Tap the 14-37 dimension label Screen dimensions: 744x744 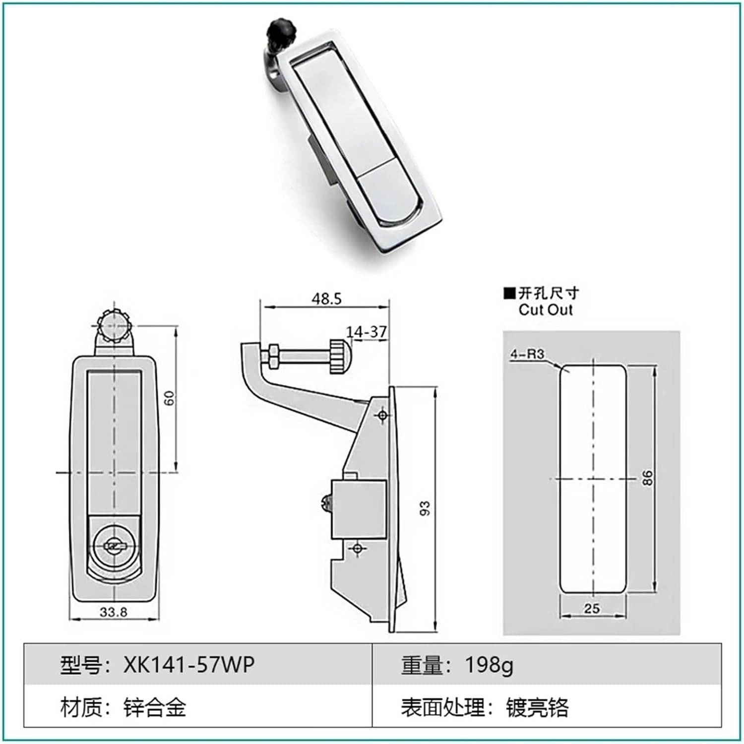point(367,332)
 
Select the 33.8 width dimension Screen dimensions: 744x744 point(114,612)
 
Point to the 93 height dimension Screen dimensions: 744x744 point(425,508)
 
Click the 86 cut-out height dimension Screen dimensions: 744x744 point(647,478)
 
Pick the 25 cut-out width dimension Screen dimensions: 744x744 point(592,608)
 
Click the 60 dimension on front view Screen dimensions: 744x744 point(170,398)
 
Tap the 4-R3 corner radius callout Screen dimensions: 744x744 point(527,354)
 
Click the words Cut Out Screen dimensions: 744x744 point(546,310)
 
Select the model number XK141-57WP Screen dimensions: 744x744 point(189,665)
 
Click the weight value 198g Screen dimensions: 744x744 point(489,665)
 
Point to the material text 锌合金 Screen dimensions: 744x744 point(155,707)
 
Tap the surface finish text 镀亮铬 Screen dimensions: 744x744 point(537,707)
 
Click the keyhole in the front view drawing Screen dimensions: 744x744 point(114,547)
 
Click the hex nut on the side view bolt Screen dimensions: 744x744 point(272,356)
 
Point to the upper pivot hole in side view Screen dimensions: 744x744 point(382,415)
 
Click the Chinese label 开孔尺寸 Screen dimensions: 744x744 point(549,293)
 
